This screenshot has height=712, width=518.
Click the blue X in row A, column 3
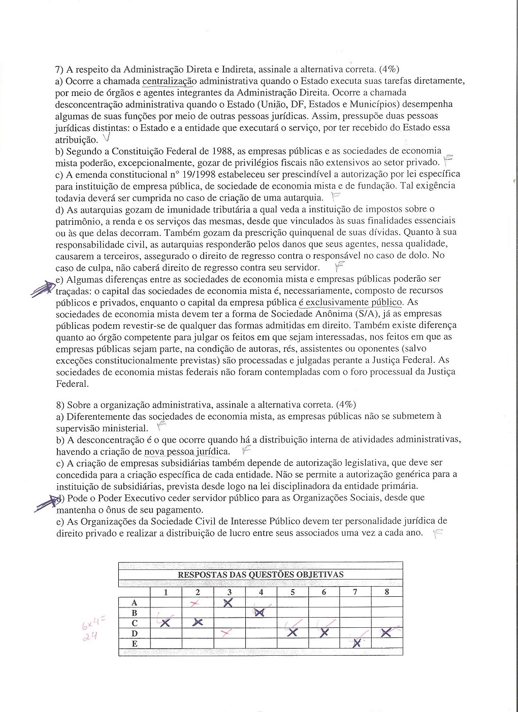tap(228, 602)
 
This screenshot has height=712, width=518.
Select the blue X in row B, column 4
tap(260, 612)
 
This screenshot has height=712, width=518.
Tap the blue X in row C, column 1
tap(166, 623)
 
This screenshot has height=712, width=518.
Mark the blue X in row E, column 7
tap(357, 643)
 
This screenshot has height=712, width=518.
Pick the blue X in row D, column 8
tap(386, 632)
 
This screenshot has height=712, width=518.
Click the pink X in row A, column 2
tap(193, 602)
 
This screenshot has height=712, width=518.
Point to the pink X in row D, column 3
tap(226, 632)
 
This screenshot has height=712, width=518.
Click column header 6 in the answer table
tap(324, 592)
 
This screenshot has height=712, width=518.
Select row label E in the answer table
tap(135, 643)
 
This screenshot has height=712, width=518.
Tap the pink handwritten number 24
tap(88, 634)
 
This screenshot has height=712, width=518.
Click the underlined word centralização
tap(169, 81)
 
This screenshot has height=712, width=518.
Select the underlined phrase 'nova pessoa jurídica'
tap(187, 451)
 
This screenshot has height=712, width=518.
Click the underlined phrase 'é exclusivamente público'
tap(350, 302)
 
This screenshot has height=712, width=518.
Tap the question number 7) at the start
tap(59, 70)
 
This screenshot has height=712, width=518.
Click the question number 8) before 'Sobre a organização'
tap(59, 404)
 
